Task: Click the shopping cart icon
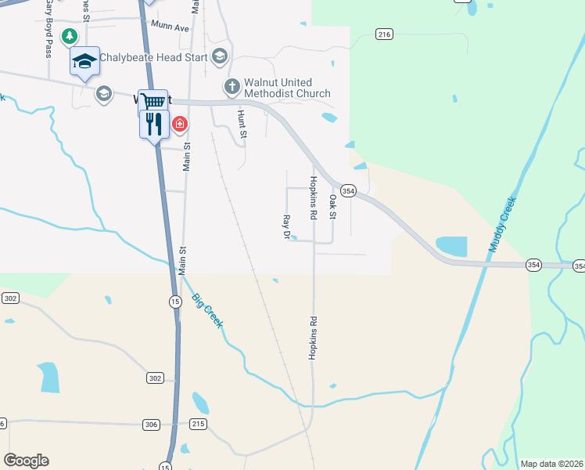(x=153, y=101)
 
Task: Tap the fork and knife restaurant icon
(x=154, y=124)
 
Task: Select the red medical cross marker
(x=180, y=124)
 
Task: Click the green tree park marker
(x=70, y=35)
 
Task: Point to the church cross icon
(x=231, y=87)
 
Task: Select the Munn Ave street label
(x=171, y=27)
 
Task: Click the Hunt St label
(x=242, y=125)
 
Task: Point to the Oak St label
(x=333, y=205)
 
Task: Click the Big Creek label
(x=208, y=311)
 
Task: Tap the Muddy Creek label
(x=502, y=225)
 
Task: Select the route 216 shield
(x=383, y=34)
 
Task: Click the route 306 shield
(x=152, y=425)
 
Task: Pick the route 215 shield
(x=198, y=424)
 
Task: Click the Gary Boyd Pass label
(x=48, y=29)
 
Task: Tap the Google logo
(x=26, y=461)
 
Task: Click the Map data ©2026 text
(x=551, y=464)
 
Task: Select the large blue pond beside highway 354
(x=451, y=246)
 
